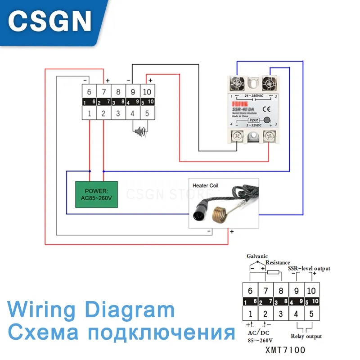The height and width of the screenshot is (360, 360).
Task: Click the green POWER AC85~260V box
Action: click(x=96, y=194)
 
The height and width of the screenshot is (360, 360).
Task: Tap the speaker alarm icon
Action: click(x=140, y=131)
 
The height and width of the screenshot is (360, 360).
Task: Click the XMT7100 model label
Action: click(x=285, y=349)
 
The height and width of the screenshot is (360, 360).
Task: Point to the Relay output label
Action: click(x=306, y=336)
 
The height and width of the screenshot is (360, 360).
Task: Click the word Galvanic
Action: click(x=257, y=256)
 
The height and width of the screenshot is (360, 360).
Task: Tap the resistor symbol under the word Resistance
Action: click(x=274, y=273)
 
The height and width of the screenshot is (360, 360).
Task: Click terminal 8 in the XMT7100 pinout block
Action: click(x=281, y=291)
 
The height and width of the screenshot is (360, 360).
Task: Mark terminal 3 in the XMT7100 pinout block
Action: click(x=281, y=314)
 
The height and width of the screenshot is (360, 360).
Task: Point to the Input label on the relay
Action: click(x=254, y=120)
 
